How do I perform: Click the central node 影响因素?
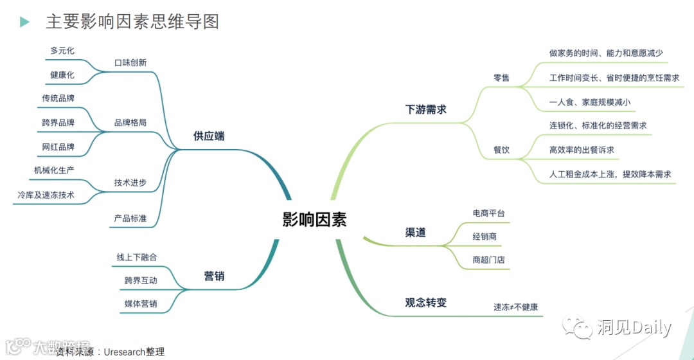pos(314,219)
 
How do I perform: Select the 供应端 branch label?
pos(209,136)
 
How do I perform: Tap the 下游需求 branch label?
pos(425,109)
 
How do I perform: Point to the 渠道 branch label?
pos(415,232)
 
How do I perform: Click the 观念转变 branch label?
pos(425,302)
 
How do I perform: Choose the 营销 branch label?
pos(214,276)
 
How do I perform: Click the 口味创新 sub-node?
pos(130,62)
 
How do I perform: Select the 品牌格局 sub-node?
pos(130,122)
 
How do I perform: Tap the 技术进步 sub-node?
pos(130,183)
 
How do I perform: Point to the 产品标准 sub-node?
pos(130,218)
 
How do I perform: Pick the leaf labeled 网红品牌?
pos(58,147)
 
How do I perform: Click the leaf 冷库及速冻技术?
pos(46,194)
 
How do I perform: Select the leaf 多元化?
pos(62,50)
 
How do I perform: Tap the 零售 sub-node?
pos(501,78)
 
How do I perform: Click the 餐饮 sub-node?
pos(501,150)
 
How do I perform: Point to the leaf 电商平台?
pos(488,213)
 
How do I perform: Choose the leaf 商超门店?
pos(488,260)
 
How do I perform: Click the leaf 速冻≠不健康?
pos(511,307)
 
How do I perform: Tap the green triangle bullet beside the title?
pos(25,22)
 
